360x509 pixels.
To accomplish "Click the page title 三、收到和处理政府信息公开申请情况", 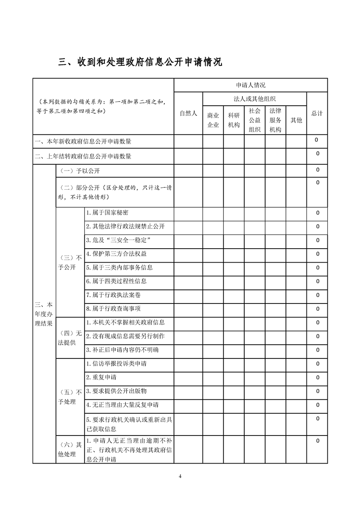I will (x=140, y=62).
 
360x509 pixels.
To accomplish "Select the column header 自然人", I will (x=188, y=113).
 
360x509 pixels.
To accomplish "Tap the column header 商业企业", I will (x=213, y=120).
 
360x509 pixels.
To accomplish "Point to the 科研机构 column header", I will (x=234, y=120).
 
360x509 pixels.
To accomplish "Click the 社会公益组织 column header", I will (x=255, y=120).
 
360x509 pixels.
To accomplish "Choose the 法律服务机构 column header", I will (x=276, y=120).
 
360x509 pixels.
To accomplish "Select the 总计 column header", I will (x=317, y=113).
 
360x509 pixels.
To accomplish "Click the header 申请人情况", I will (x=251, y=85).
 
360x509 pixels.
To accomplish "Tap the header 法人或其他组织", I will (x=255, y=99).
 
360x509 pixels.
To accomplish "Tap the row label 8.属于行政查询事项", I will (x=113, y=309).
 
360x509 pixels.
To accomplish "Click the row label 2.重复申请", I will (x=101, y=377).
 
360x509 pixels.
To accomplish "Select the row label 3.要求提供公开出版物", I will (x=116, y=391).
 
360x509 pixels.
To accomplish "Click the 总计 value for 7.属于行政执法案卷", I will (x=317, y=295).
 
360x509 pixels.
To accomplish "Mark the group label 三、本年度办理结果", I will (x=44, y=313).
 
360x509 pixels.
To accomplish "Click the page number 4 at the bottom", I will (x=180, y=476).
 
